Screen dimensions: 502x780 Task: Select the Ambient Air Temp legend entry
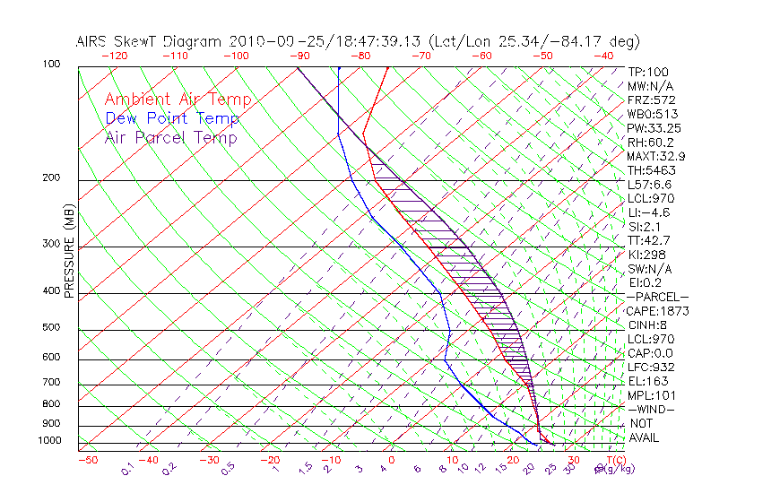[178, 100]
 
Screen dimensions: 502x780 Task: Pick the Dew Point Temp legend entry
[171, 118]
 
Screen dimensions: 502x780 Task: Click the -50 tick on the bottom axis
[87, 460]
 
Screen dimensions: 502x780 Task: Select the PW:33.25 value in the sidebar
[652, 128]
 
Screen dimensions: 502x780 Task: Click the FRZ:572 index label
[651, 100]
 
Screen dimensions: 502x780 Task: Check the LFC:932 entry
[651, 367]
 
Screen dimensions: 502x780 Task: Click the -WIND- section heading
[652, 409]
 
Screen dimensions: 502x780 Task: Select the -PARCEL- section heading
[657, 297]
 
